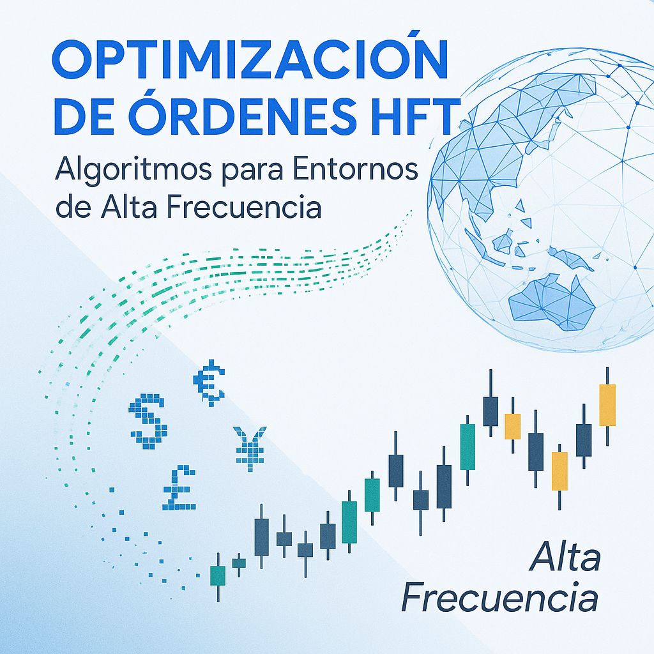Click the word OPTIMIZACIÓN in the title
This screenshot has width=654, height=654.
pyautogui.click(x=249, y=60)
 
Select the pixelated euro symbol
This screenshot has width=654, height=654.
pyautogui.click(x=209, y=382)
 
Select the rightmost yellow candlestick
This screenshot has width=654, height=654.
pyautogui.click(x=607, y=405)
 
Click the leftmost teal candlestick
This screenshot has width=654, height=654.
pyautogui.click(x=218, y=575)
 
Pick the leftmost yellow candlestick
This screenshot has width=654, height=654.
pyautogui.click(x=512, y=426)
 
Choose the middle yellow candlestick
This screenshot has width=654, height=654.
pyautogui.click(x=559, y=471)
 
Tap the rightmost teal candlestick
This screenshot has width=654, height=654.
pyautogui.click(x=468, y=446)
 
